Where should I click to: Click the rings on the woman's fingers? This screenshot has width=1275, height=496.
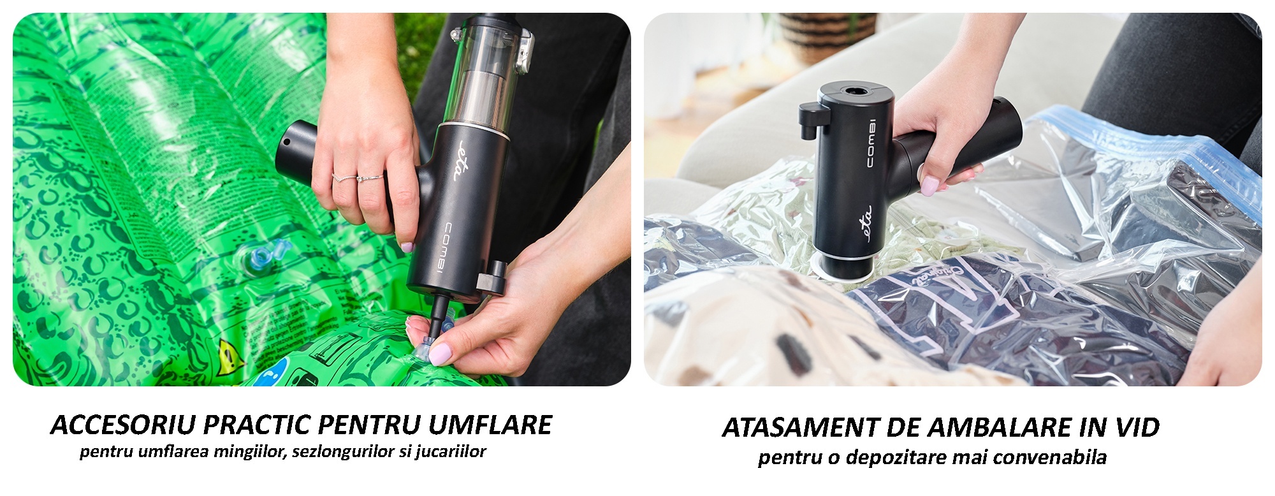point(357,178)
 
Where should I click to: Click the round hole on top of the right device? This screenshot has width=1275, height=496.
point(850,91)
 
